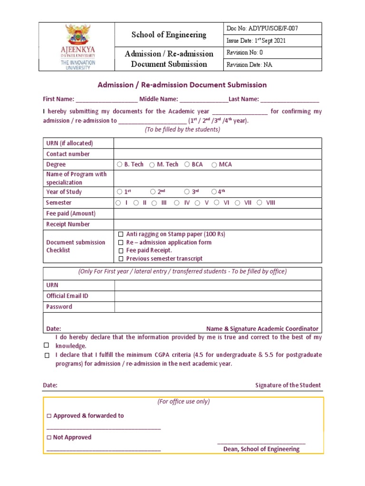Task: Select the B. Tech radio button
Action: point(119,165)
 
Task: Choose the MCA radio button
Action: point(214,165)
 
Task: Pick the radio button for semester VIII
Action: point(259,203)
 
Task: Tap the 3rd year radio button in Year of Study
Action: point(187,192)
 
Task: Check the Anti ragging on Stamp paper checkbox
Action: point(121,234)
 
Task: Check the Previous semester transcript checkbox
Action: point(121,259)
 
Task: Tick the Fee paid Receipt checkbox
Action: point(121,251)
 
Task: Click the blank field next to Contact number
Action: point(217,154)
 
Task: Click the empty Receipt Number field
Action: point(217,224)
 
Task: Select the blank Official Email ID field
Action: point(218,296)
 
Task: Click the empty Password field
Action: point(218,307)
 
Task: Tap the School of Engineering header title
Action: point(169,35)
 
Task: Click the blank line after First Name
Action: point(106,100)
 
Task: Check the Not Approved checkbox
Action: point(49,438)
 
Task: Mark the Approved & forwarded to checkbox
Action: point(49,416)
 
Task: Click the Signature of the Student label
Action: point(288,385)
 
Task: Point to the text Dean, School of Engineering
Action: point(261,449)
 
